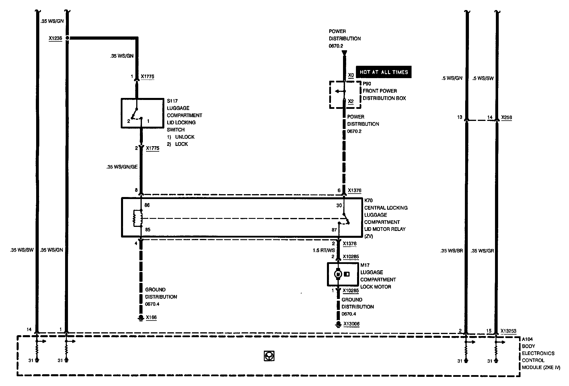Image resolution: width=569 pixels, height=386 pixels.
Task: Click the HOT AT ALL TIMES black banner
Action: pyautogui.click(x=383, y=72)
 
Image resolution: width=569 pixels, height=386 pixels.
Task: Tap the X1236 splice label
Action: pyautogui.click(x=55, y=38)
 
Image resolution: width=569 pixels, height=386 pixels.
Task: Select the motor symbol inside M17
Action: pyautogui.click(x=338, y=274)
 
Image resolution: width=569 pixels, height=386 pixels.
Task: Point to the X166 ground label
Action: pyautogui.click(x=151, y=317)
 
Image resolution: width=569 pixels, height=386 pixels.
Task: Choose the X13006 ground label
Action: pyautogui.click(x=351, y=324)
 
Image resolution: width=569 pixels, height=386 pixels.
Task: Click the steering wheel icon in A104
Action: pyautogui.click(x=269, y=356)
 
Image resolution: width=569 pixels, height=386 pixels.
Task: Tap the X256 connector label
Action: pyautogui.click(x=506, y=117)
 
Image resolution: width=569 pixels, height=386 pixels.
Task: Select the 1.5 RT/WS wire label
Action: pyautogui.click(x=324, y=250)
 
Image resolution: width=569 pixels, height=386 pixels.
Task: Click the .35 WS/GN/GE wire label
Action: pyautogui.click(x=122, y=167)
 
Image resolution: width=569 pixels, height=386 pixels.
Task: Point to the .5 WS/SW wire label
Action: pyautogui.click(x=483, y=78)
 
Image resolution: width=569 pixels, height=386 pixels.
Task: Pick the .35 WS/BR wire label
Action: pyautogui.click(x=452, y=251)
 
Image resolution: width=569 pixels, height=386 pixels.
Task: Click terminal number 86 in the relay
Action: pyautogui.click(x=147, y=205)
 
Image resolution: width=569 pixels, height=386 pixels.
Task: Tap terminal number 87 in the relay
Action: pyautogui.click(x=334, y=230)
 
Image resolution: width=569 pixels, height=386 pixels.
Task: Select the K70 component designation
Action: pyautogui.click(x=369, y=200)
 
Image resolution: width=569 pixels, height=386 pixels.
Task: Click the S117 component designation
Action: pyautogui.click(x=172, y=101)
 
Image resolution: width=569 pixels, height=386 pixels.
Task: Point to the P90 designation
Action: pyautogui.click(x=367, y=84)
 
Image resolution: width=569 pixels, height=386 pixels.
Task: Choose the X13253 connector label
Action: pyautogui.click(x=508, y=331)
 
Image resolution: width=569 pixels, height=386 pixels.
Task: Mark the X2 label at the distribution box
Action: pyautogui.click(x=351, y=101)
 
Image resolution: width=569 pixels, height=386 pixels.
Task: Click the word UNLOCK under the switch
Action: pyautogui.click(x=185, y=137)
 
